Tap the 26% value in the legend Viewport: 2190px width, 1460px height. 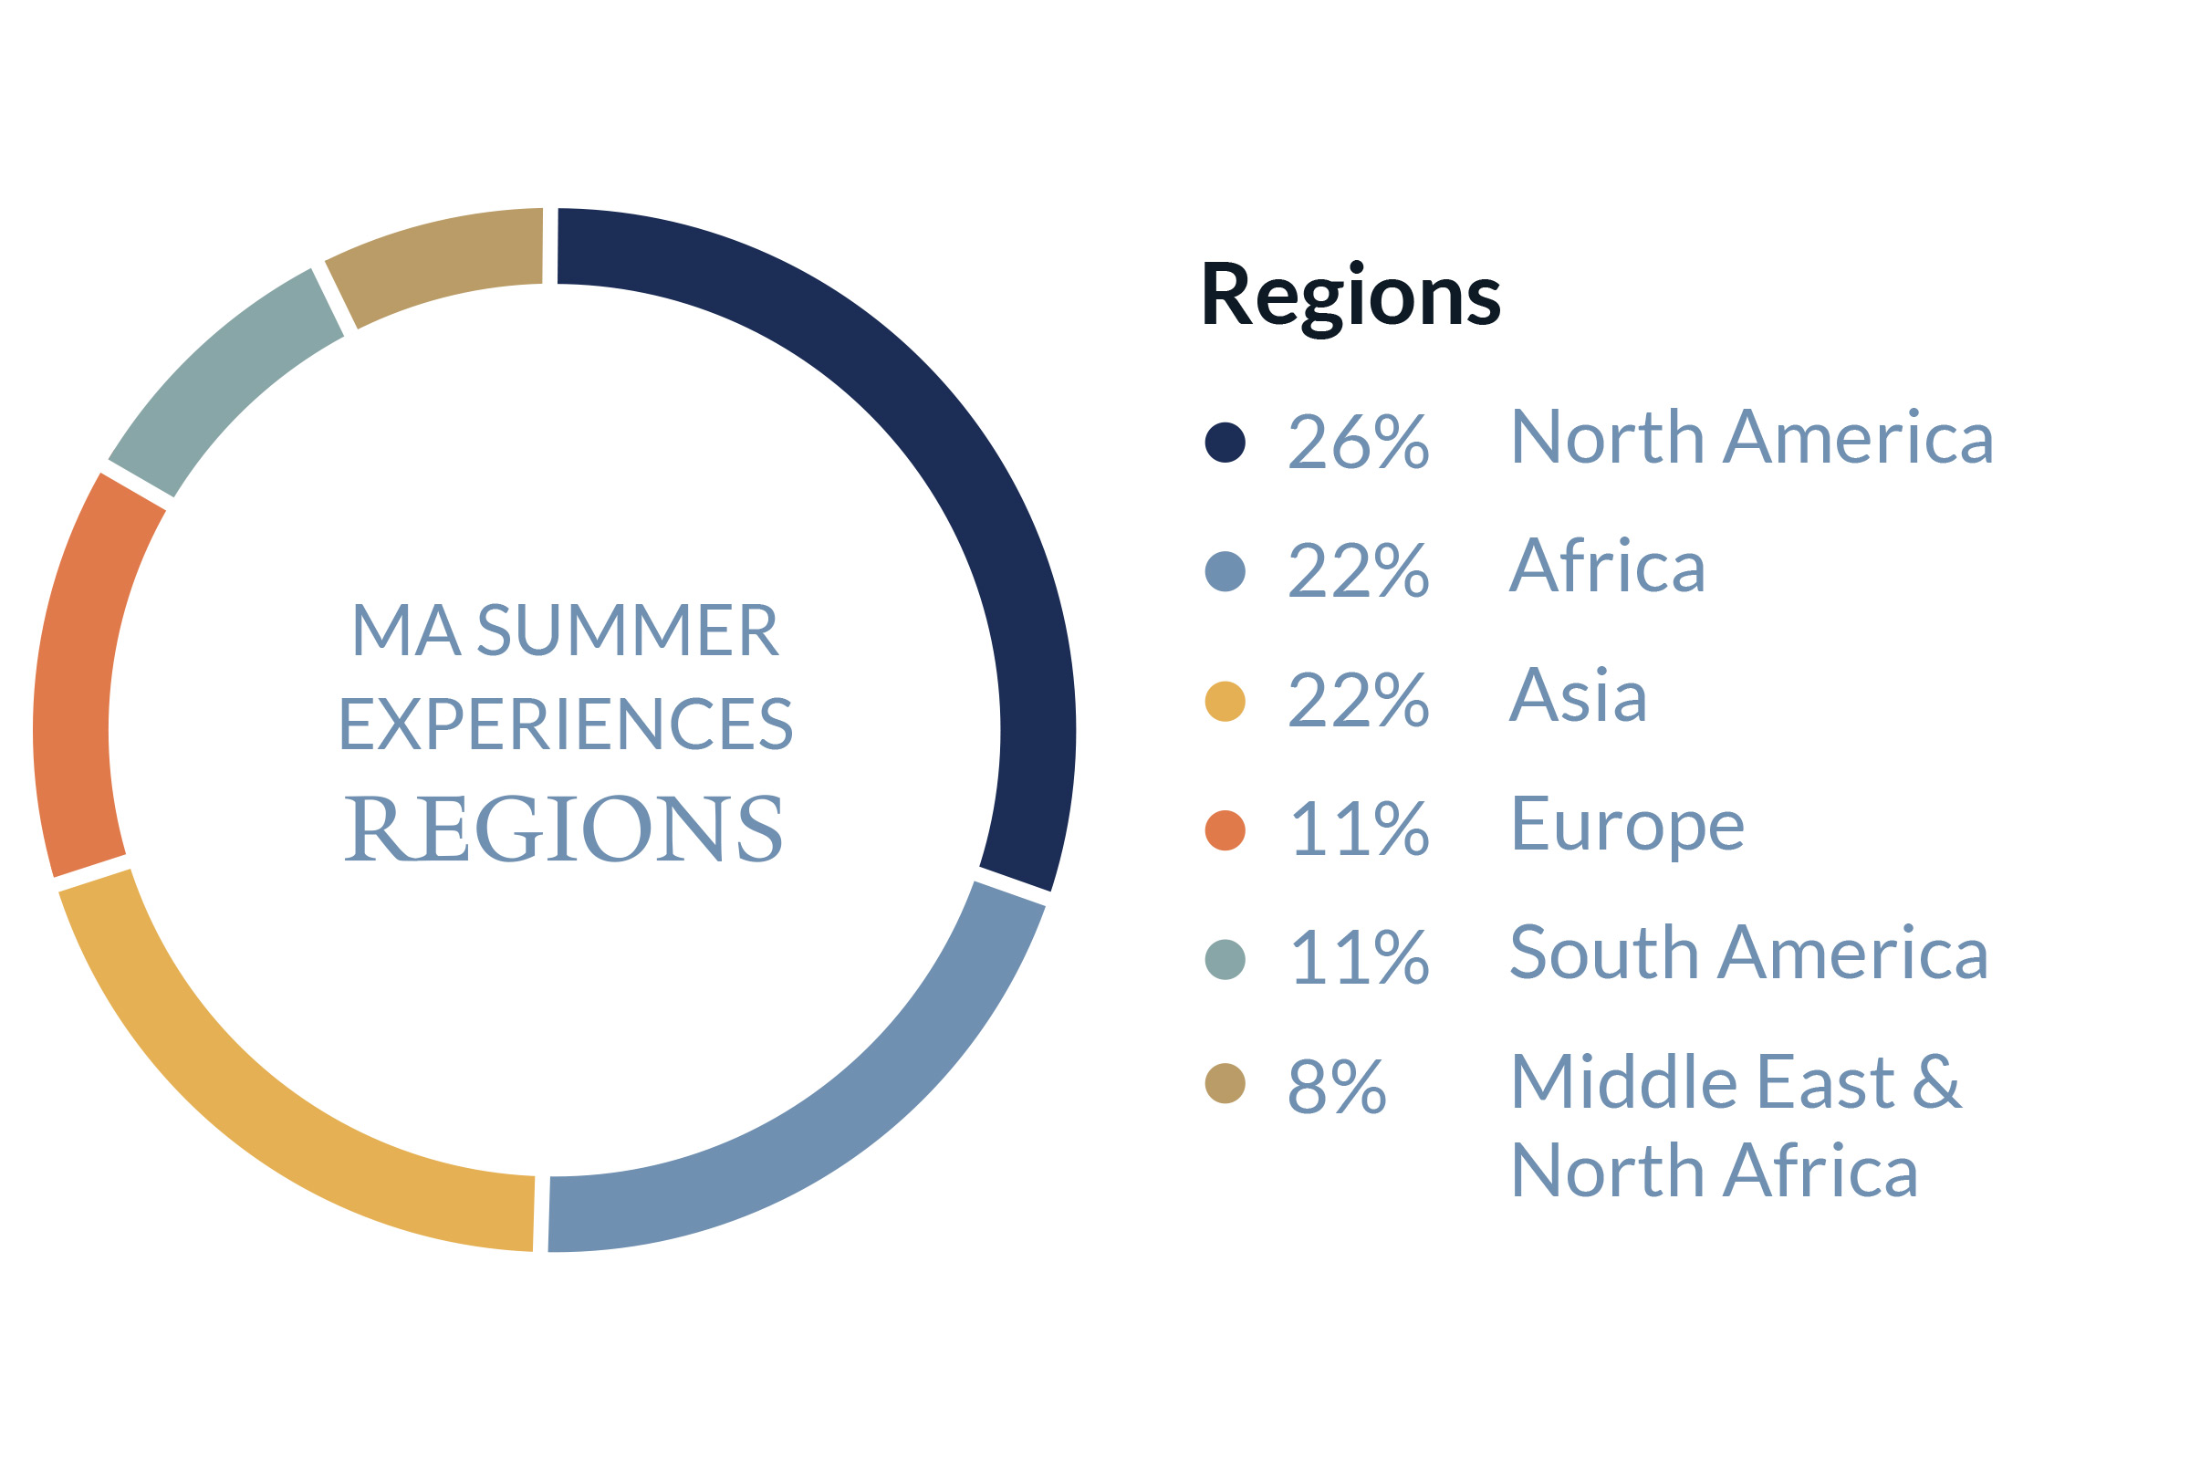(x=1359, y=442)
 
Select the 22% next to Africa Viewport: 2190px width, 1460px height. (x=1359, y=571)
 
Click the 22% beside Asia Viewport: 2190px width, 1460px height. (x=1359, y=700)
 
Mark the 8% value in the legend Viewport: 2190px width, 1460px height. (x=1337, y=1087)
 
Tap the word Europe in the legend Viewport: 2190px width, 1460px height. (x=1628, y=827)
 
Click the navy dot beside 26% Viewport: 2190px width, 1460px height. (x=1225, y=443)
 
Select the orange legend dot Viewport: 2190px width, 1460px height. (x=1225, y=830)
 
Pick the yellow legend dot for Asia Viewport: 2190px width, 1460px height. (x=1225, y=701)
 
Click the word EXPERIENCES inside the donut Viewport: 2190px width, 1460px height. (x=565, y=725)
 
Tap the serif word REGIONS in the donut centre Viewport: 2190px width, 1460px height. (x=563, y=829)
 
